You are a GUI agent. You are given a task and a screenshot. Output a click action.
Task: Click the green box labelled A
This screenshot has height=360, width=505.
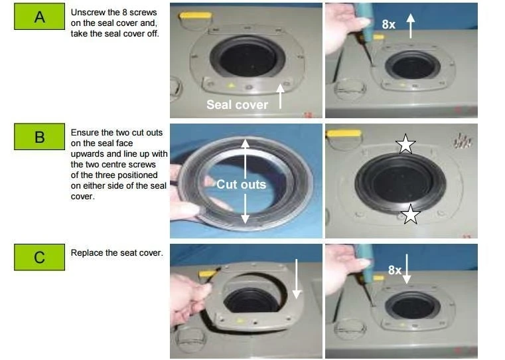point(39,17)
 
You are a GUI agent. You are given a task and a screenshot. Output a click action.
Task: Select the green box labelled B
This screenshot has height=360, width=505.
point(39,136)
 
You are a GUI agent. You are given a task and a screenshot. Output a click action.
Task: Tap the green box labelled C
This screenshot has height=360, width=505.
point(39,257)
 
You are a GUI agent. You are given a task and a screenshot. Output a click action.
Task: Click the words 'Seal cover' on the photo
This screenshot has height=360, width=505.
point(237,105)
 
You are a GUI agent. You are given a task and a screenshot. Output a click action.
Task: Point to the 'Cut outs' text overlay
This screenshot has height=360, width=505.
point(242,185)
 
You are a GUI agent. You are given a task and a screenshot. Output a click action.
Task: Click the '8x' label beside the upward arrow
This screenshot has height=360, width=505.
point(388,25)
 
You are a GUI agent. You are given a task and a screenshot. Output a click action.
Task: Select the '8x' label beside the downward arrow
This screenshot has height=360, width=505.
point(395,270)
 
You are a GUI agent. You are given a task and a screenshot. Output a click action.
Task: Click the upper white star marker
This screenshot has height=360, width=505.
point(405,143)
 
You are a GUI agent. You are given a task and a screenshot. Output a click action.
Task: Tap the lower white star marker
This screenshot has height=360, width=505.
point(411,214)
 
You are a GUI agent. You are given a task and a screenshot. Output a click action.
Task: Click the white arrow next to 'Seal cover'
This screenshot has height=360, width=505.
point(280,96)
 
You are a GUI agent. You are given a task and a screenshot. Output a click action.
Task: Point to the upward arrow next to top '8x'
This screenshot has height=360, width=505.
point(410,26)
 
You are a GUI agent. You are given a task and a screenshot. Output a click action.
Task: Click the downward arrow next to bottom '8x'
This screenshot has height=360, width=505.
point(407,269)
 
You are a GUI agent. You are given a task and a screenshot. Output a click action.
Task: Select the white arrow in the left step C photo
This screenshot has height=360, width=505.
point(297,279)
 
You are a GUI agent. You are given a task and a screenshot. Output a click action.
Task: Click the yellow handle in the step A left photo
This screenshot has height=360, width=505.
point(196,16)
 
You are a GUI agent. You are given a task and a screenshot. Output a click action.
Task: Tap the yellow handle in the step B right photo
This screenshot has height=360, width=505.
point(343,133)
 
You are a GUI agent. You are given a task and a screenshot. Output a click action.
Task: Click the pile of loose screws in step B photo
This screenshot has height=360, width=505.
point(463,141)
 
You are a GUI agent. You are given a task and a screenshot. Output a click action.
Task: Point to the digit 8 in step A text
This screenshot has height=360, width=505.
point(125,12)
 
